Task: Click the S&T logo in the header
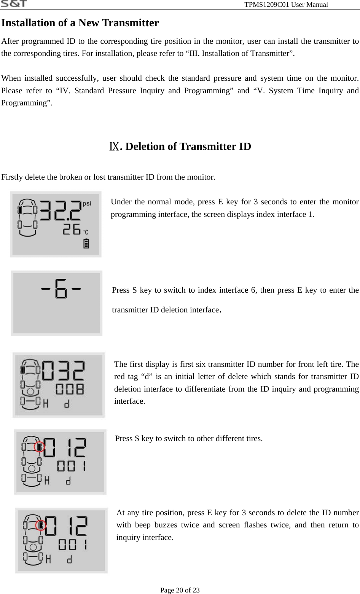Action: pyautogui.click(x=14, y=4)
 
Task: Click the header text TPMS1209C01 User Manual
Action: pyautogui.click(x=286, y=5)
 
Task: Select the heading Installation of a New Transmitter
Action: pyautogui.click(x=80, y=23)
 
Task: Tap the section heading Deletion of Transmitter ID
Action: pyautogui.click(x=188, y=147)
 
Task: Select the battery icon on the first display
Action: pyautogui.click(x=86, y=244)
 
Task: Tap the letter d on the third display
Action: pyautogui.click(x=67, y=405)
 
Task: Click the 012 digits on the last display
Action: pyautogui.click(x=66, y=526)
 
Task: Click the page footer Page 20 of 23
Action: pyautogui.click(x=180, y=590)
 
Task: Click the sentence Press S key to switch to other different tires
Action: pyautogui.click(x=189, y=438)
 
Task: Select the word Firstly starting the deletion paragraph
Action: pyautogui.click(x=13, y=177)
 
